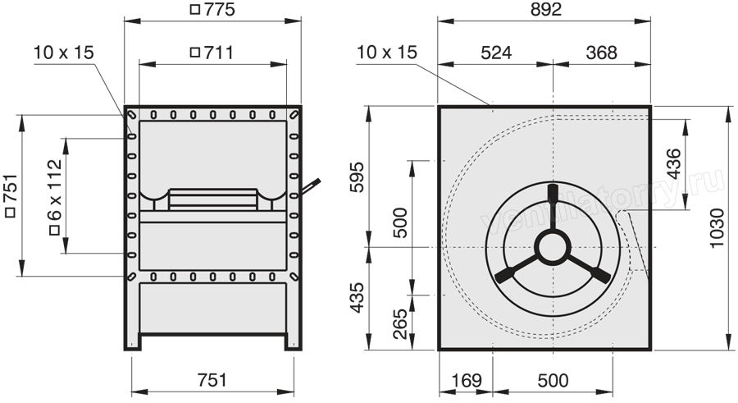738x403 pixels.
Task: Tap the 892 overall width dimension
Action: coord(546,9)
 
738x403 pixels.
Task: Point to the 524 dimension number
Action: coord(496,53)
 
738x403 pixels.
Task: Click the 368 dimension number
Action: coord(601,53)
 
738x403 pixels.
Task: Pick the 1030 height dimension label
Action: coord(717,228)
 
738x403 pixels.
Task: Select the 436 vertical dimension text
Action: coord(674,163)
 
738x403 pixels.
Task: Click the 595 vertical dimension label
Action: coord(358,176)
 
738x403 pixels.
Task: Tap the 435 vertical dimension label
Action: coord(358,297)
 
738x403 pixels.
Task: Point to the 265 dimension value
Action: coord(399,324)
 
